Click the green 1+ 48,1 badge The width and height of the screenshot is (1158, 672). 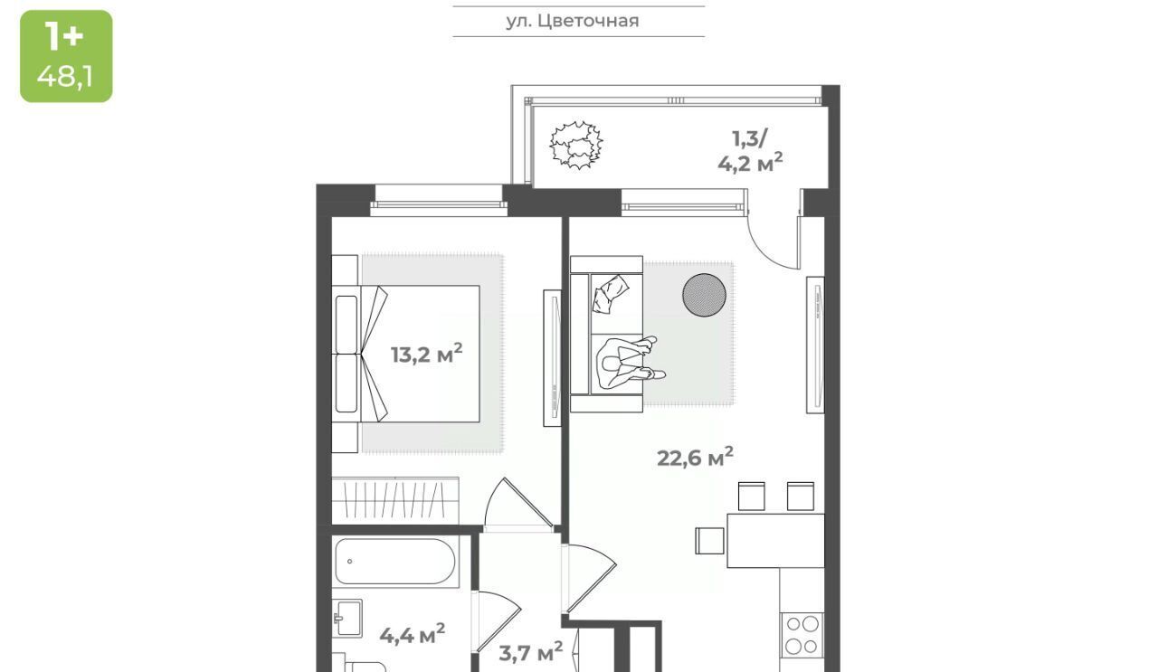tap(66, 56)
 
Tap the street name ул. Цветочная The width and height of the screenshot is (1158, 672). tap(573, 21)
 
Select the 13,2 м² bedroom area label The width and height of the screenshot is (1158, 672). tap(426, 355)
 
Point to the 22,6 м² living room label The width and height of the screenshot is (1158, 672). tap(695, 457)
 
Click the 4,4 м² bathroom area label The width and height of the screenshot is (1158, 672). tap(412, 634)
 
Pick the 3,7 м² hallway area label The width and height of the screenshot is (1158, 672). tap(530, 652)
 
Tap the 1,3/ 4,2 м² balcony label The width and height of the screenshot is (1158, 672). tap(750, 150)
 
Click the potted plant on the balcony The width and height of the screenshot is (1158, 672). tap(576, 145)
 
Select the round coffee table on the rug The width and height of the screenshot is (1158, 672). tap(704, 294)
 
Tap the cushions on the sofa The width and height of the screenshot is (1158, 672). tap(611, 293)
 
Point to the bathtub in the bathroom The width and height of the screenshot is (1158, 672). tap(395, 562)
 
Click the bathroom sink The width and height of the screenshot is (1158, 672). tap(346, 618)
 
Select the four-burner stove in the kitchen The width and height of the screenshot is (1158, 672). tap(802, 635)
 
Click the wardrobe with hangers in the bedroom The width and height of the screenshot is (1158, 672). tap(395, 500)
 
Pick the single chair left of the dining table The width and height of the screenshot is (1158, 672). tap(709, 541)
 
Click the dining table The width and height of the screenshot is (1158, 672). tap(775, 541)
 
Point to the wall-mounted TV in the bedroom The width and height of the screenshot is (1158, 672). tap(552, 358)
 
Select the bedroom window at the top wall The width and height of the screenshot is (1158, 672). tap(439, 201)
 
